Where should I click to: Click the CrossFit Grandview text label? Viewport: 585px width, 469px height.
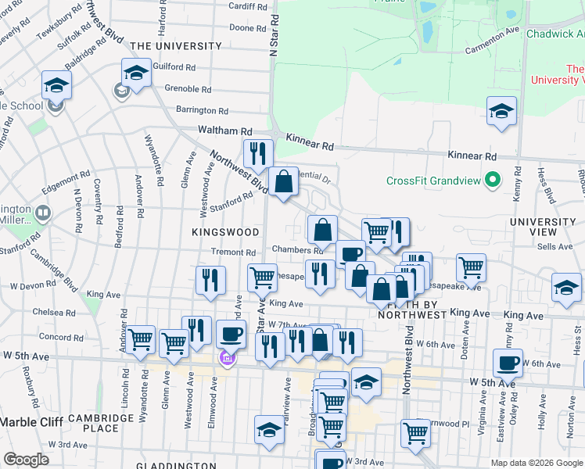click(432, 181)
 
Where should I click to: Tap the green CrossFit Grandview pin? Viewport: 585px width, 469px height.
click(492, 181)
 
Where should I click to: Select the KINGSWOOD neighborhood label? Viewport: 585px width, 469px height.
click(225, 232)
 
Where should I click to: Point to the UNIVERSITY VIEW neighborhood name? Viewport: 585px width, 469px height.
click(543, 228)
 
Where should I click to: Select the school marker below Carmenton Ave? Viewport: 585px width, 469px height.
click(501, 110)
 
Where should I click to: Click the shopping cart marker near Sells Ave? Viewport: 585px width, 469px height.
click(472, 267)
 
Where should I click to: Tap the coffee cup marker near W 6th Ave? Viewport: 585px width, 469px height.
click(508, 361)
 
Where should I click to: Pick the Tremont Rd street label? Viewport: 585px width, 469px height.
click(234, 252)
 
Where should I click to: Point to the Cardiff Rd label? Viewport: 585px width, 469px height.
click(247, 6)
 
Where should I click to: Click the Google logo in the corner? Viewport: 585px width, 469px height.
click(27, 460)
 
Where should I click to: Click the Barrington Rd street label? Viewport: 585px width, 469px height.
click(202, 111)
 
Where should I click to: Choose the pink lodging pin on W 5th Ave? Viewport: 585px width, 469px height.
click(227, 359)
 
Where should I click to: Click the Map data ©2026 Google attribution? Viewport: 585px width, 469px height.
click(537, 463)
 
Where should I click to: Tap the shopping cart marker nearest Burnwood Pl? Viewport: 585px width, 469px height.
click(415, 432)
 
